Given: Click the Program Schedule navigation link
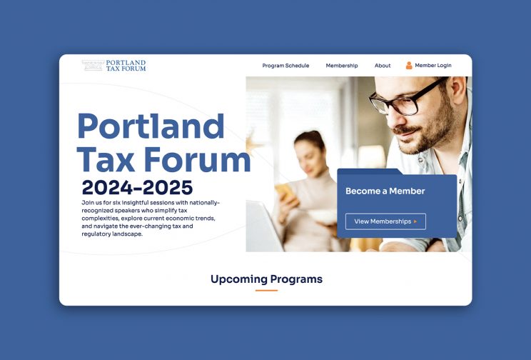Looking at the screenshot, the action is tap(285, 66).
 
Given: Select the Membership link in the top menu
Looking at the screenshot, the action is tap(342, 66).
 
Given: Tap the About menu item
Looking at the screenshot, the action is tap(383, 66).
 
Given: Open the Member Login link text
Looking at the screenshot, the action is tap(433, 65).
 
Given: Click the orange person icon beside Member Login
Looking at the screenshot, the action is tap(409, 66).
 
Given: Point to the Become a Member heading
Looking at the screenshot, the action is tap(385, 191).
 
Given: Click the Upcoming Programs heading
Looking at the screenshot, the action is tap(266, 279).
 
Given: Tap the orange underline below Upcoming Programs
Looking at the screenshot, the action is tap(266, 291).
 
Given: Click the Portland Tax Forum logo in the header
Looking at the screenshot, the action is tap(113, 66).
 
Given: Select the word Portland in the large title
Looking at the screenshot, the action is tap(151, 126).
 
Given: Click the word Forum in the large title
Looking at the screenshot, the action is tap(198, 159).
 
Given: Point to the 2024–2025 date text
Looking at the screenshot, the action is tap(137, 187).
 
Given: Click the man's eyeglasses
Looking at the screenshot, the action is tap(406, 98).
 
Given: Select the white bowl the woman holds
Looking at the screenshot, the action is tap(323, 217).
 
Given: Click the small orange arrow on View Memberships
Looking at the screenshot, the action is tap(415, 221).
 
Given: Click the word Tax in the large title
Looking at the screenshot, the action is tap(106, 159).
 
